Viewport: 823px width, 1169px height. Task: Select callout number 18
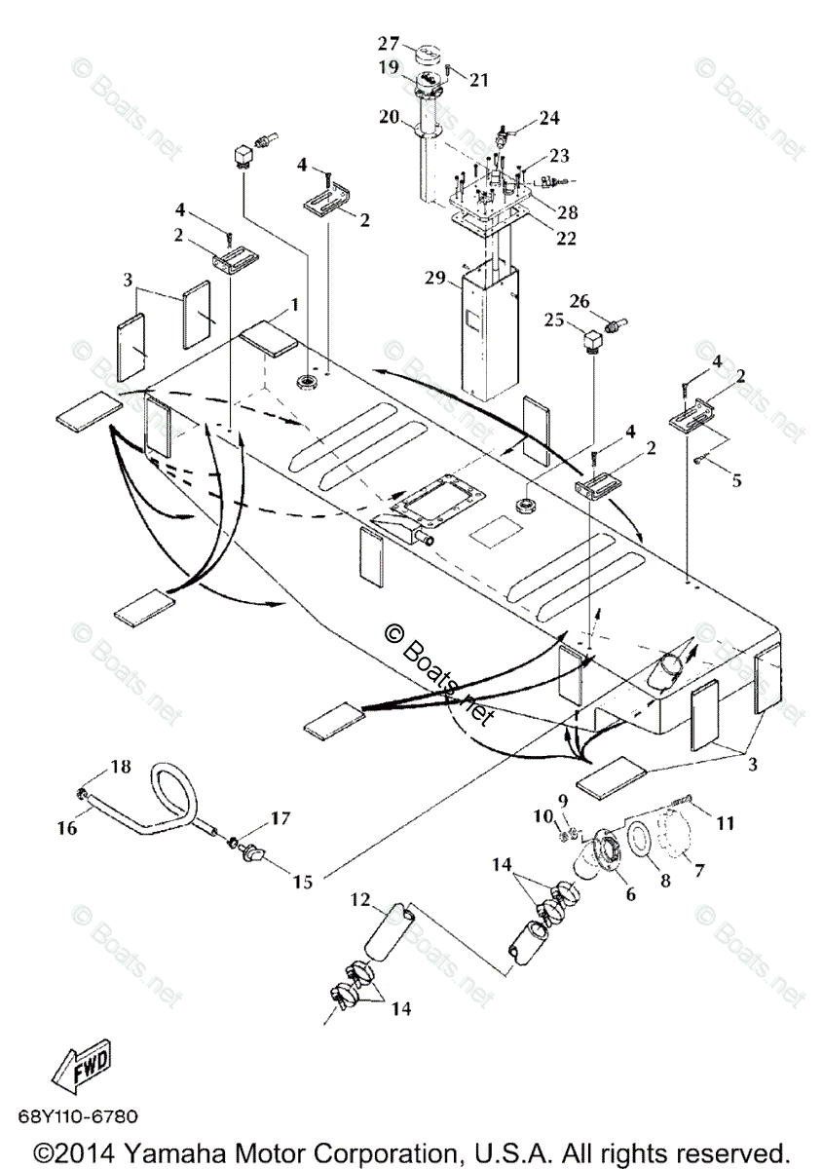click(119, 767)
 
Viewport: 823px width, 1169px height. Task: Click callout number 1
click(293, 306)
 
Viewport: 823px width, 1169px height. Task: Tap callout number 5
click(735, 479)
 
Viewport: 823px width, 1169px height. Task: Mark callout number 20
click(390, 117)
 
